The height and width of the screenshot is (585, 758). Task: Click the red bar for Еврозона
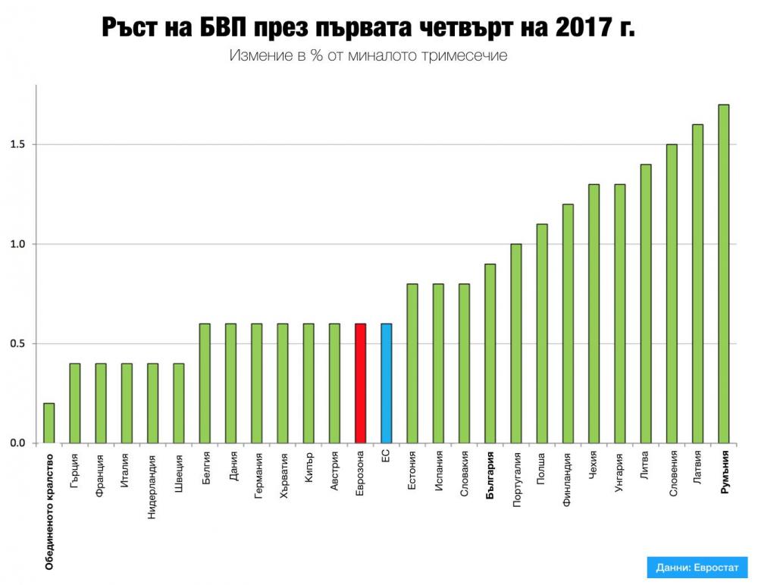[361, 383]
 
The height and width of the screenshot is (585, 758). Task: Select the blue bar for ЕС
[387, 383]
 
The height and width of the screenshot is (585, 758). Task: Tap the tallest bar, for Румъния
[724, 273]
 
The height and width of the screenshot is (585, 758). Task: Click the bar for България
[490, 353]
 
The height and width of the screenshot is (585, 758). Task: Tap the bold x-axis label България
[490, 474]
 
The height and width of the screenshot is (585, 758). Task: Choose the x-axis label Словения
[672, 474]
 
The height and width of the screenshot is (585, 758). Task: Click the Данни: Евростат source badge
[697, 568]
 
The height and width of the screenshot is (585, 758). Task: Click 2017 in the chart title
[578, 28]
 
